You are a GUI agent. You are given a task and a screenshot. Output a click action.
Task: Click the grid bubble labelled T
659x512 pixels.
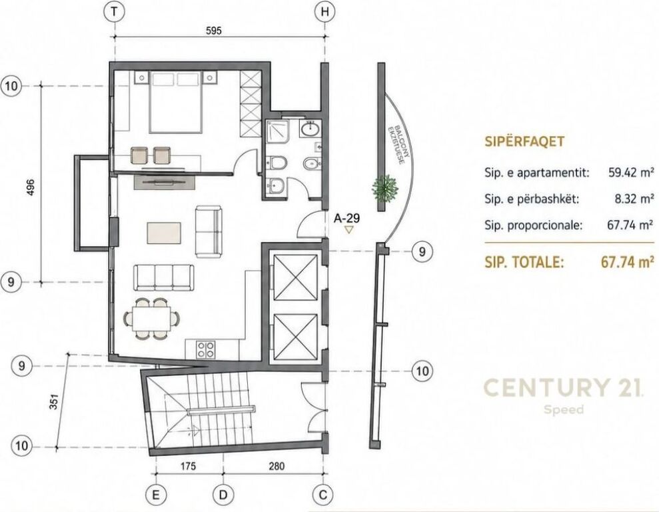pyautogui.click(x=115, y=11)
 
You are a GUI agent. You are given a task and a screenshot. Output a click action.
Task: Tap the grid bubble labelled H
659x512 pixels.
pyautogui.click(x=325, y=11)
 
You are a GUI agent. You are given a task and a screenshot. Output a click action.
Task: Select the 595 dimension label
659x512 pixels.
pyautogui.click(x=213, y=31)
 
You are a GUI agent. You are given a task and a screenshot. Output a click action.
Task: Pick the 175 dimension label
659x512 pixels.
pyautogui.click(x=188, y=466)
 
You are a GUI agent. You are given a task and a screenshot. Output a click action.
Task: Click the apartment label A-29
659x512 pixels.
pyautogui.click(x=346, y=218)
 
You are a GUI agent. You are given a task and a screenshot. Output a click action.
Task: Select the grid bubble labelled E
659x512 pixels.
pyautogui.click(x=156, y=495)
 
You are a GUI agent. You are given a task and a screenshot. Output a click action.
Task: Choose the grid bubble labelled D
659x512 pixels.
pyautogui.click(x=223, y=495)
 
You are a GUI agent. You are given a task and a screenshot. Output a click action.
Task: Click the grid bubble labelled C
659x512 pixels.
pyautogui.click(x=323, y=495)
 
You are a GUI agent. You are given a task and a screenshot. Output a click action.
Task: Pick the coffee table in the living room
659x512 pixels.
pyautogui.click(x=164, y=233)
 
